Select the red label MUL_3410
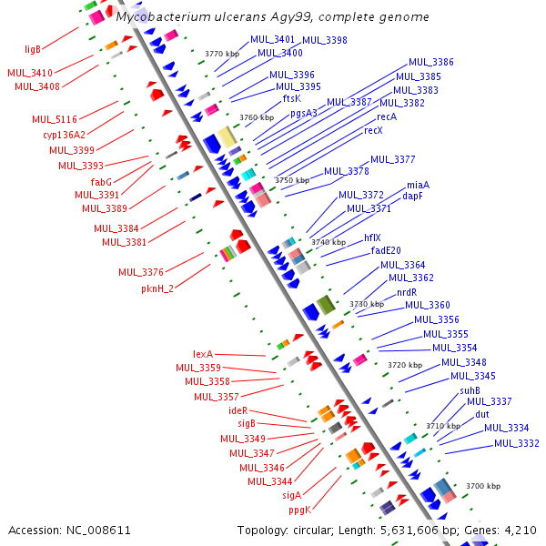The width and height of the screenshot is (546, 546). pyautogui.click(x=29, y=72)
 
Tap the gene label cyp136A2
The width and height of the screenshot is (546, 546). pyautogui.click(x=64, y=135)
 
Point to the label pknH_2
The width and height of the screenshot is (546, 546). pyautogui.click(x=157, y=288)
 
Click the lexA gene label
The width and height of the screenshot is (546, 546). pyautogui.click(x=202, y=354)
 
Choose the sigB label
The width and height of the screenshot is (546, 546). pyautogui.click(x=247, y=423)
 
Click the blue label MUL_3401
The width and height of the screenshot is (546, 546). pyautogui.click(x=272, y=40)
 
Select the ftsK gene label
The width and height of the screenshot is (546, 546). pyautogui.click(x=291, y=98)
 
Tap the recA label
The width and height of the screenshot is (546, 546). pyautogui.click(x=387, y=116)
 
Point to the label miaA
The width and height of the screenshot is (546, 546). pyautogui.click(x=418, y=185)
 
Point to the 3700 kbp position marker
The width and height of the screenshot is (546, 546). pyautogui.click(x=482, y=487)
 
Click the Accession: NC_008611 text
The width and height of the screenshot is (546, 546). pyautogui.click(x=70, y=530)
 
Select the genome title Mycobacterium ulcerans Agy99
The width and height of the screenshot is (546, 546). pyautogui.click(x=273, y=17)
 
